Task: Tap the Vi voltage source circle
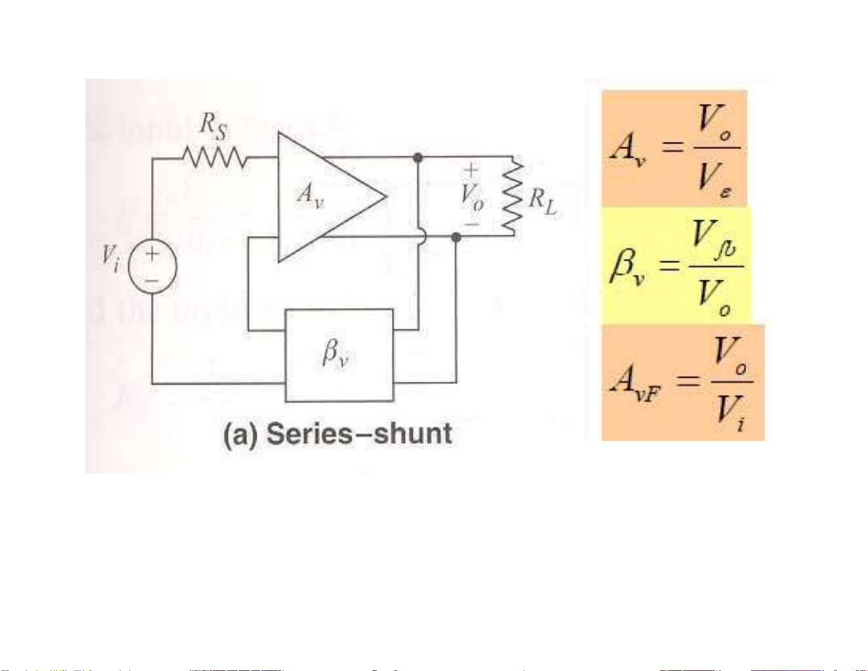pos(152,267)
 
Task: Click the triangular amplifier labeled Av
pos(323,197)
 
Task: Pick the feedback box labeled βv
pos(339,355)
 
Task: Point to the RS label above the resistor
pos(212,124)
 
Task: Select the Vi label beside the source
pos(111,258)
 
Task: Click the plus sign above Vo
pos(471,170)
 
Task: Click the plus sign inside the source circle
pos(152,254)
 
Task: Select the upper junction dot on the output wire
pos(418,158)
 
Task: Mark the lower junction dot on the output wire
pos(456,237)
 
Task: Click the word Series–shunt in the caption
pos(359,434)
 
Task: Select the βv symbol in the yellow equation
pos(626,266)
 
